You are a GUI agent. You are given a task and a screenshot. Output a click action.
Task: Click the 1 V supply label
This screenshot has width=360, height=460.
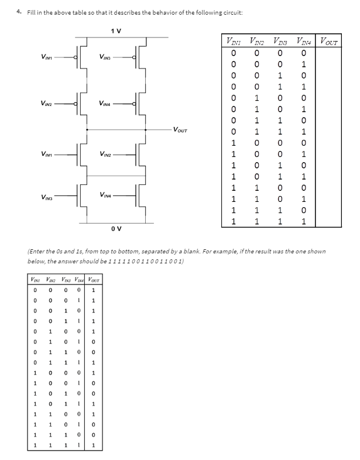[115, 30]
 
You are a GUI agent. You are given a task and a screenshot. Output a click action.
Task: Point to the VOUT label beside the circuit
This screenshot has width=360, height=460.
[181, 128]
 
